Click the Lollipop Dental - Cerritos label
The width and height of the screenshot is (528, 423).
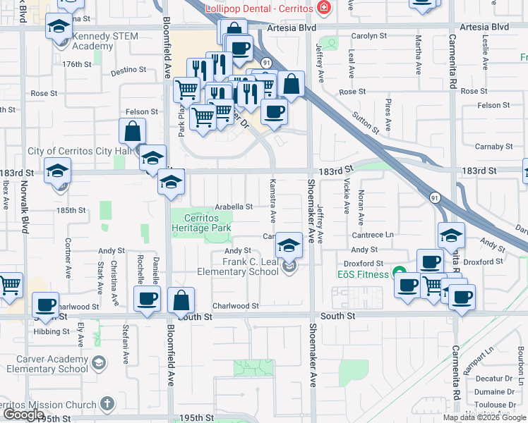tap(258, 8)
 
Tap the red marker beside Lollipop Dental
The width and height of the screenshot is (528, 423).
tap(324, 8)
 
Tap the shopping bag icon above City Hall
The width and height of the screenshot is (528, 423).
tap(133, 131)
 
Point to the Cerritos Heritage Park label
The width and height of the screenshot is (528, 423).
tap(202, 223)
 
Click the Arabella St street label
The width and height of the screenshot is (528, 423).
tap(234, 207)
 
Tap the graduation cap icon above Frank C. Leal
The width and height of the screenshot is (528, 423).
tap(288, 245)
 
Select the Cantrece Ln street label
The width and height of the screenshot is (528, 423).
tap(373, 235)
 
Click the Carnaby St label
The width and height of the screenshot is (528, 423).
tap(494, 147)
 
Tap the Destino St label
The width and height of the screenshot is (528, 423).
tap(128, 70)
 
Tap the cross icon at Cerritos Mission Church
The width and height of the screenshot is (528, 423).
tap(107, 404)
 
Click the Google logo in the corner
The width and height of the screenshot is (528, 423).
tap(23, 415)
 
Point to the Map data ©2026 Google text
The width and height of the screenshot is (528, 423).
tap(484, 417)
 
